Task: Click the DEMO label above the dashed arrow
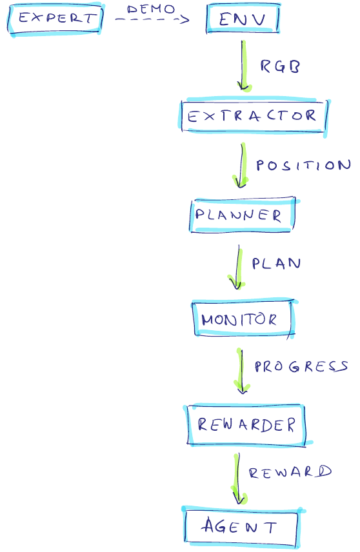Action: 151,9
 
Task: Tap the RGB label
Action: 280,66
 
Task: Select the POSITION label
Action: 303,165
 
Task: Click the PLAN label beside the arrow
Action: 276,263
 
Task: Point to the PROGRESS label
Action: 301,366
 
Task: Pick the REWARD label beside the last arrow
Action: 290,472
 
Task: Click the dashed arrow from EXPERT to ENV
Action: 152,19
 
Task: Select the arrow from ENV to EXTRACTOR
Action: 243,66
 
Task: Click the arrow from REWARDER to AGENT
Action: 238,478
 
